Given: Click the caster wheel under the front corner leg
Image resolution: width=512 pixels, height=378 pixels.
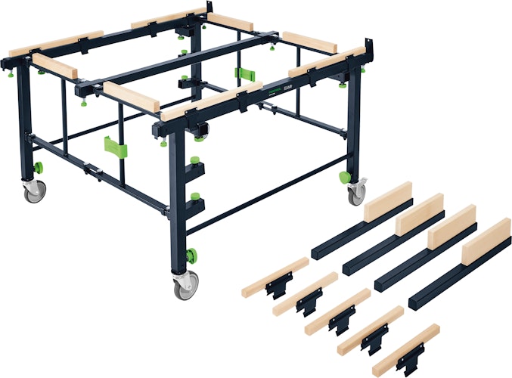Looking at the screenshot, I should pyautogui.click(x=184, y=287).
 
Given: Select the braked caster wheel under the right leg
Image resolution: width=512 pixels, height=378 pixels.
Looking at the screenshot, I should pyautogui.click(x=355, y=194).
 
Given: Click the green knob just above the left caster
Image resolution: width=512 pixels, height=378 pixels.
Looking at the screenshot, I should pyautogui.click(x=38, y=167).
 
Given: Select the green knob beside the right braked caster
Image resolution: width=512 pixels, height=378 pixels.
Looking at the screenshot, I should pyautogui.click(x=344, y=178).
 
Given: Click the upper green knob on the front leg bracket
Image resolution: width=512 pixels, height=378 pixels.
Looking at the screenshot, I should pyautogui.click(x=197, y=161).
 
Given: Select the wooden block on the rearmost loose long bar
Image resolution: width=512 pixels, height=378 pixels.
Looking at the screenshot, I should pyautogui.click(x=388, y=200).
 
